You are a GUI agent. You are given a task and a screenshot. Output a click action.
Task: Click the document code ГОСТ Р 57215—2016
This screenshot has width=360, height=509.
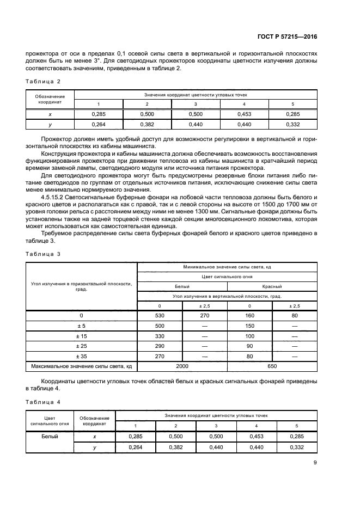pyautogui.click(x=288, y=36)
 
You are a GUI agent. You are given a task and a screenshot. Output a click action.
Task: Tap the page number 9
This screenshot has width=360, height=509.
pyautogui.click(x=315, y=463)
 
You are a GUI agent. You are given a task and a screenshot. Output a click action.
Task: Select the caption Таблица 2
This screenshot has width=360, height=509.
pyautogui.click(x=43, y=82)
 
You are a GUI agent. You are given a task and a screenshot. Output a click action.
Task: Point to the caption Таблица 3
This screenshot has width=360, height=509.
pyautogui.click(x=43, y=254)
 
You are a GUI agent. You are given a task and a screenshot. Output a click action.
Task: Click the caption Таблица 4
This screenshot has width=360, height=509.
pyautogui.click(x=43, y=402)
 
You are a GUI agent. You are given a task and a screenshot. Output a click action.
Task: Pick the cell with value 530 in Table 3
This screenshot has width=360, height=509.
pyautogui.click(x=160, y=316)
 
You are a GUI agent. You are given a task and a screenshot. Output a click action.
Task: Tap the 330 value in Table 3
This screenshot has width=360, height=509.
pyautogui.click(x=160, y=335)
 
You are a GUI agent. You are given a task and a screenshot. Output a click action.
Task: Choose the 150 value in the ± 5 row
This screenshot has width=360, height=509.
pyautogui.click(x=249, y=326)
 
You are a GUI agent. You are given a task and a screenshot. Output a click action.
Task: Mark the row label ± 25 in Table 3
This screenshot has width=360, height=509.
pyautogui.click(x=81, y=346)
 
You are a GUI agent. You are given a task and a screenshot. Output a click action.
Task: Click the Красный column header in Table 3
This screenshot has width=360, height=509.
pyautogui.click(x=272, y=286)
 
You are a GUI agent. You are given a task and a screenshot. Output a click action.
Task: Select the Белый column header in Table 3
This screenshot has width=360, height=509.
pyautogui.click(x=182, y=286)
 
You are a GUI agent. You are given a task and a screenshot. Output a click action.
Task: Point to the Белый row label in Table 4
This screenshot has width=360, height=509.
pyautogui.click(x=50, y=436)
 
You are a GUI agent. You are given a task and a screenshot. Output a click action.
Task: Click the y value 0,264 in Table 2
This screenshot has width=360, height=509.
pyautogui.click(x=98, y=125)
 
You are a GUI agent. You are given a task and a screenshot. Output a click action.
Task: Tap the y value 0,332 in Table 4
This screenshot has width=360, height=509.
pyautogui.click(x=296, y=447)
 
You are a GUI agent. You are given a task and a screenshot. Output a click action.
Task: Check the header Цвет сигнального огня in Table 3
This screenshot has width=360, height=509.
pyautogui.click(x=227, y=277)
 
